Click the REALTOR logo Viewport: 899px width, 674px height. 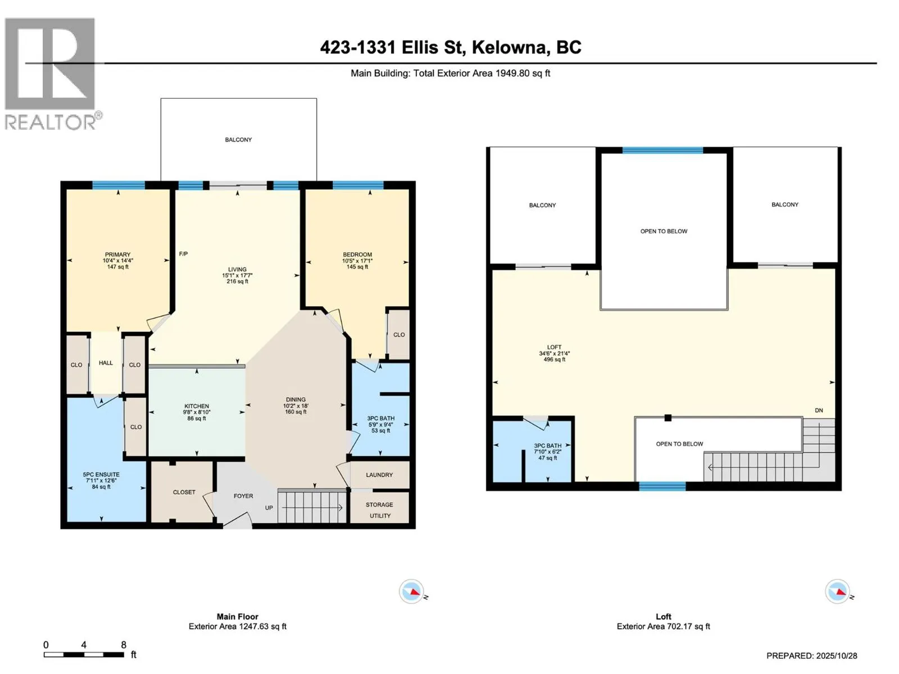tap(51, 73)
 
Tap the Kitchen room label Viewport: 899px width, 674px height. tap(197, 406)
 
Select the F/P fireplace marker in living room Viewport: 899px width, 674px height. tap(183, 254)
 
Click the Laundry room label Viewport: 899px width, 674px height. tap(379, 475)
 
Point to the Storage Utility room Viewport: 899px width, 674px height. tap(379, 509)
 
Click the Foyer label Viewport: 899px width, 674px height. tap(243, 496)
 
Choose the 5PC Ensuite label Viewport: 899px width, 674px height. tap(101, 475)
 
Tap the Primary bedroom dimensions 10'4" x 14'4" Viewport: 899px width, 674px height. tap(118, 261)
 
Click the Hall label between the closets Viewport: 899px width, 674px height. tap(106, 363)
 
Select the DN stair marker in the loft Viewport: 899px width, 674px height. tap(819, 411)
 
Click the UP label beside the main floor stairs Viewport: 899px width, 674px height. tap(269, 508)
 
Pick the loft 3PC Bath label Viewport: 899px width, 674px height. tap(547, 445)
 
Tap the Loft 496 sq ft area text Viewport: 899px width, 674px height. tap(554, 359)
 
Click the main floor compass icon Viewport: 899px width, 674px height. tap(411, 591)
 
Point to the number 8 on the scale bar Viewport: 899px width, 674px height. tap(124, 645)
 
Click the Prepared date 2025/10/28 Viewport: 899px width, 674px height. tap(811, 655)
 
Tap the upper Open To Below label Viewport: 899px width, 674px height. tap(664, 231)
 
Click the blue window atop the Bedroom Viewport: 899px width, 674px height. tap(358, 185)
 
